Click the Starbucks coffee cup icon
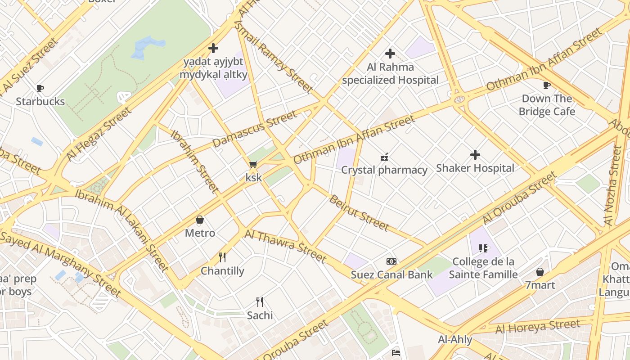40,88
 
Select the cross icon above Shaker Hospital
475,155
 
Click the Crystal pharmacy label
384,170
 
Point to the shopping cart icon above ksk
253,165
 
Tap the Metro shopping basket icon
200,220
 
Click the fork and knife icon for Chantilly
222,257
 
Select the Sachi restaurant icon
260,302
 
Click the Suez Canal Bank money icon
391,261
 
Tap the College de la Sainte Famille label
483,268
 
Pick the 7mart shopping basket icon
540,272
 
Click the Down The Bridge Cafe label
547,105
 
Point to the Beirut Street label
359,213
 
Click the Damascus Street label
255,129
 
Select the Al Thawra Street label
285,246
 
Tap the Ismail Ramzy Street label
274,57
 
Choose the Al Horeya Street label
538,327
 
